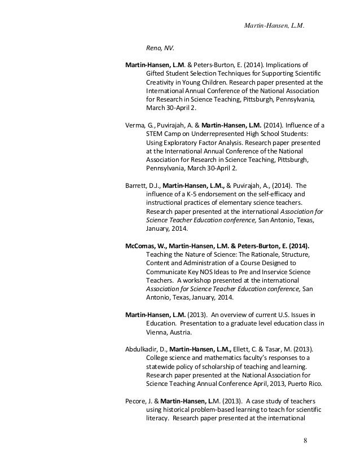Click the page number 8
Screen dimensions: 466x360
(x=305, y=440)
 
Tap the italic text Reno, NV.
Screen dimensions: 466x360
(x=159, y=49)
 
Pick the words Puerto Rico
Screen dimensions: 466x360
(x=306, y=384)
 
